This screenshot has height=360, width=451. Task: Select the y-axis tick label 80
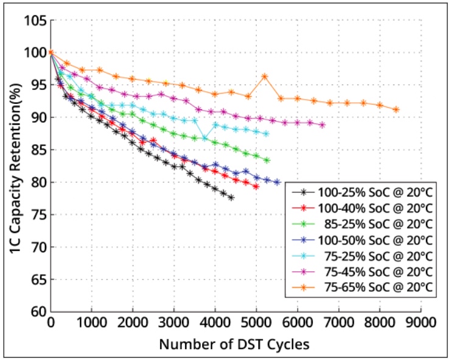click(37, 182)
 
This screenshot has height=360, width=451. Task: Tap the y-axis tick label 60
click(37, 311)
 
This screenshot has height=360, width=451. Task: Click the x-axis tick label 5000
click(256, 322)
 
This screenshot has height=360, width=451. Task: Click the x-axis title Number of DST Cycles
click(234, 344)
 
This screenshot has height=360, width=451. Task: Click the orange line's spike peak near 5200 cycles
click(265, 77)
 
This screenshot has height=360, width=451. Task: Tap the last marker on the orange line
click(396, 109)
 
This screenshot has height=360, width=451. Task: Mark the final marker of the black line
click(231, 198)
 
